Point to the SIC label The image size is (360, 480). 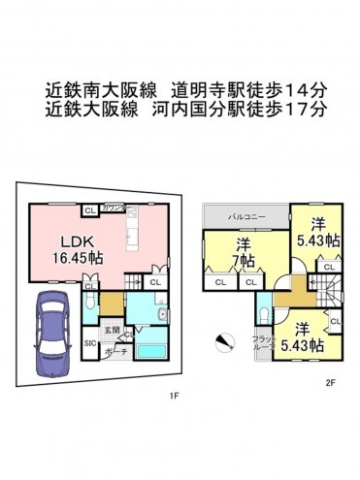point(89,343)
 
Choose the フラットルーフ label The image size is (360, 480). point(262,343)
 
